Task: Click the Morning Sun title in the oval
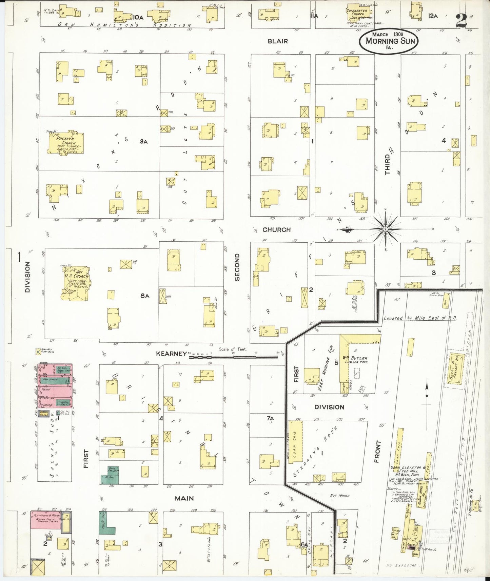tap(390, 41)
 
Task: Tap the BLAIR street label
tap(277, 41)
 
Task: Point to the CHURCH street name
tap(276, 230)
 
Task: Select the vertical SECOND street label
tap(237, 267)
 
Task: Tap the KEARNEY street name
tap(171, 354)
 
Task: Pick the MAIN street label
tap(184, 498)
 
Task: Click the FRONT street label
tap(378, 452)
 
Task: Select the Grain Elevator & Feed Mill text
tap(406, 469)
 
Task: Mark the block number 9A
tap(144, 142)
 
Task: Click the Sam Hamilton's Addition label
tap(124, 25)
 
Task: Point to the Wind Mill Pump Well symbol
tap(39, 352)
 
